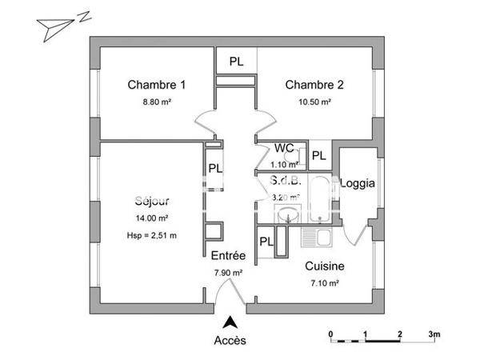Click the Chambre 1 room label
point(157,86)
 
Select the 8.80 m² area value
point(157,102)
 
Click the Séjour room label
point(151,202)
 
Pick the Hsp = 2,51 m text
point(151,234)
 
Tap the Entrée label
point(227,256)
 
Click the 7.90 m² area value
point(228,272)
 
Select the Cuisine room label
point(325,267)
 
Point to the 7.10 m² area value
point(325,283)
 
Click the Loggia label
point(357,183)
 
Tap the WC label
point(284,148)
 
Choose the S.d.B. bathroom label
point(286,181)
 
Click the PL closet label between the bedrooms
point(238,62)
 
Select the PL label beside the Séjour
point(215,169)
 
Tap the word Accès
point(230,340)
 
